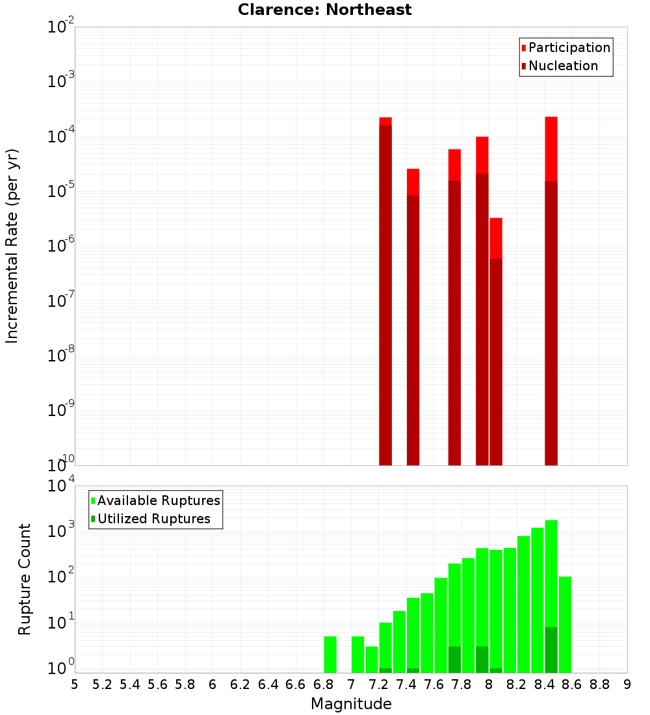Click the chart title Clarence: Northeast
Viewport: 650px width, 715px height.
[324, 10]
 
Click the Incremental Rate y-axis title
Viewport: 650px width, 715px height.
[12, 246]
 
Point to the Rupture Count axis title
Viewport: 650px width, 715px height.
[25, 578]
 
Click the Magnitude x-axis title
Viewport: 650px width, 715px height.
[351, 704]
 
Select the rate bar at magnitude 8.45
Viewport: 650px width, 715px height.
[551, 292]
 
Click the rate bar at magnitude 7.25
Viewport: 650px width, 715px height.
[385, 292]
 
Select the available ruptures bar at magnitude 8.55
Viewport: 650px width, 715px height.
[565, 624]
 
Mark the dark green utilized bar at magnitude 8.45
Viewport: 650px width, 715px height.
[551, 650]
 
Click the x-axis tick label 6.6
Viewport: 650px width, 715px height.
[296, 684]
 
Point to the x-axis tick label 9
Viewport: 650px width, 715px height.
[627, 684]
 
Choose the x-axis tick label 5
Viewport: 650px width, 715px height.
[75, 684]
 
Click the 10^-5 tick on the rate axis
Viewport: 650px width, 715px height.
[61, 191]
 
